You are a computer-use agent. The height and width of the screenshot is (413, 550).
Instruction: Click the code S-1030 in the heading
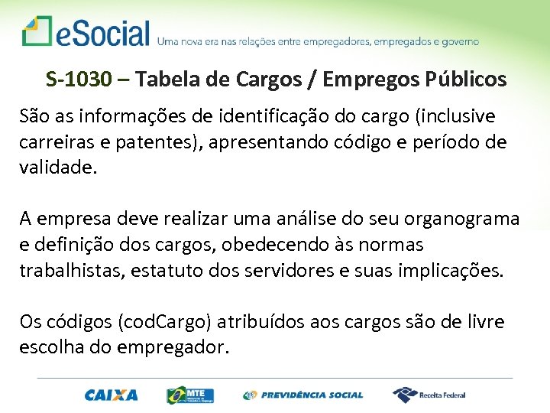[79, 79]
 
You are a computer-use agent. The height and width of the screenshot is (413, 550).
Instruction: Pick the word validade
[58, 167]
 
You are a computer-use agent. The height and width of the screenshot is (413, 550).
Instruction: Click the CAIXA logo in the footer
[112, 395]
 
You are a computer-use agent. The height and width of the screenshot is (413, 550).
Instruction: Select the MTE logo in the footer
[190, 395]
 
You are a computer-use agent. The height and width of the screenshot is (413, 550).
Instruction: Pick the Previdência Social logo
[303, 395]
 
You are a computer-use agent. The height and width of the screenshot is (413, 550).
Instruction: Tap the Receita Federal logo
[429, 395]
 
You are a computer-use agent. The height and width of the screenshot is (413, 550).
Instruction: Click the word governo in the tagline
[458, 41]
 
